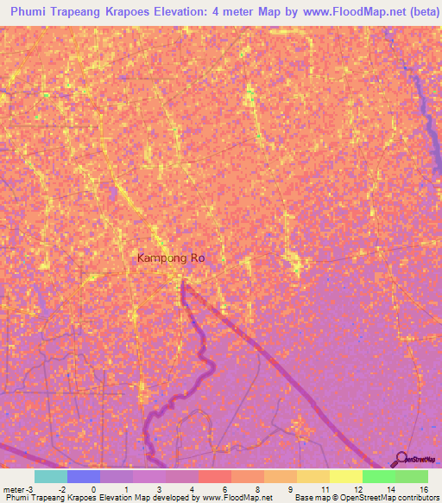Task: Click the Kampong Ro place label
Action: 171,258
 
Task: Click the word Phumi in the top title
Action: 33,12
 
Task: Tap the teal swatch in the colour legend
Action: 50,476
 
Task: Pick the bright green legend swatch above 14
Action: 379,476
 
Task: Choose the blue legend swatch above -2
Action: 84,476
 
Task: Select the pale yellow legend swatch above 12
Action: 345,476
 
